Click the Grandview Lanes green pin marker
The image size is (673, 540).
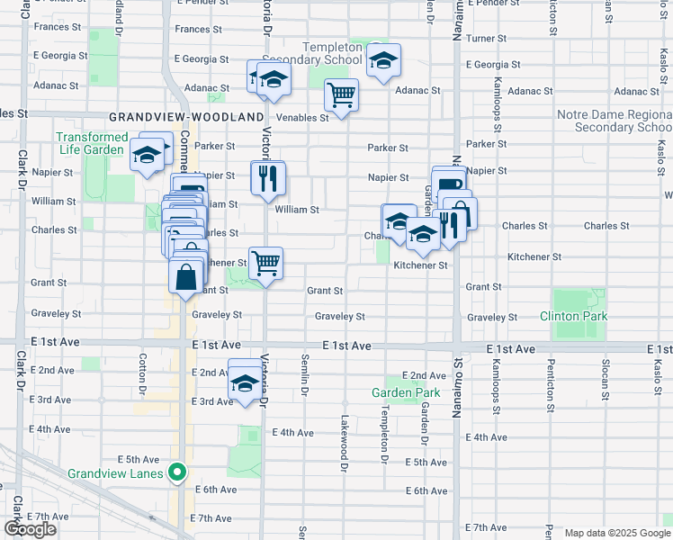coord(178,471)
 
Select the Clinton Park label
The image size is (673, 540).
coord(573,316)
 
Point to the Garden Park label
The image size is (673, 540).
coord(407,392)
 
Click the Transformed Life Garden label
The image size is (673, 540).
coord(92,143)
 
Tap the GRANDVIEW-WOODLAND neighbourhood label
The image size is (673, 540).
coord(187,117)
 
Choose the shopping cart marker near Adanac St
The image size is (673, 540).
coord(341,94)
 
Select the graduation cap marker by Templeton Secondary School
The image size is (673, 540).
coord(383,60)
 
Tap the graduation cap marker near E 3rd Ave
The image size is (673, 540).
coord(245,382)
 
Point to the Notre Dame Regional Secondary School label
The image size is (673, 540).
coord(615,121)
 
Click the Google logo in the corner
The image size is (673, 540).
coord(31,529)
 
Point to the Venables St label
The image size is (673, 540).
coord(299,117)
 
